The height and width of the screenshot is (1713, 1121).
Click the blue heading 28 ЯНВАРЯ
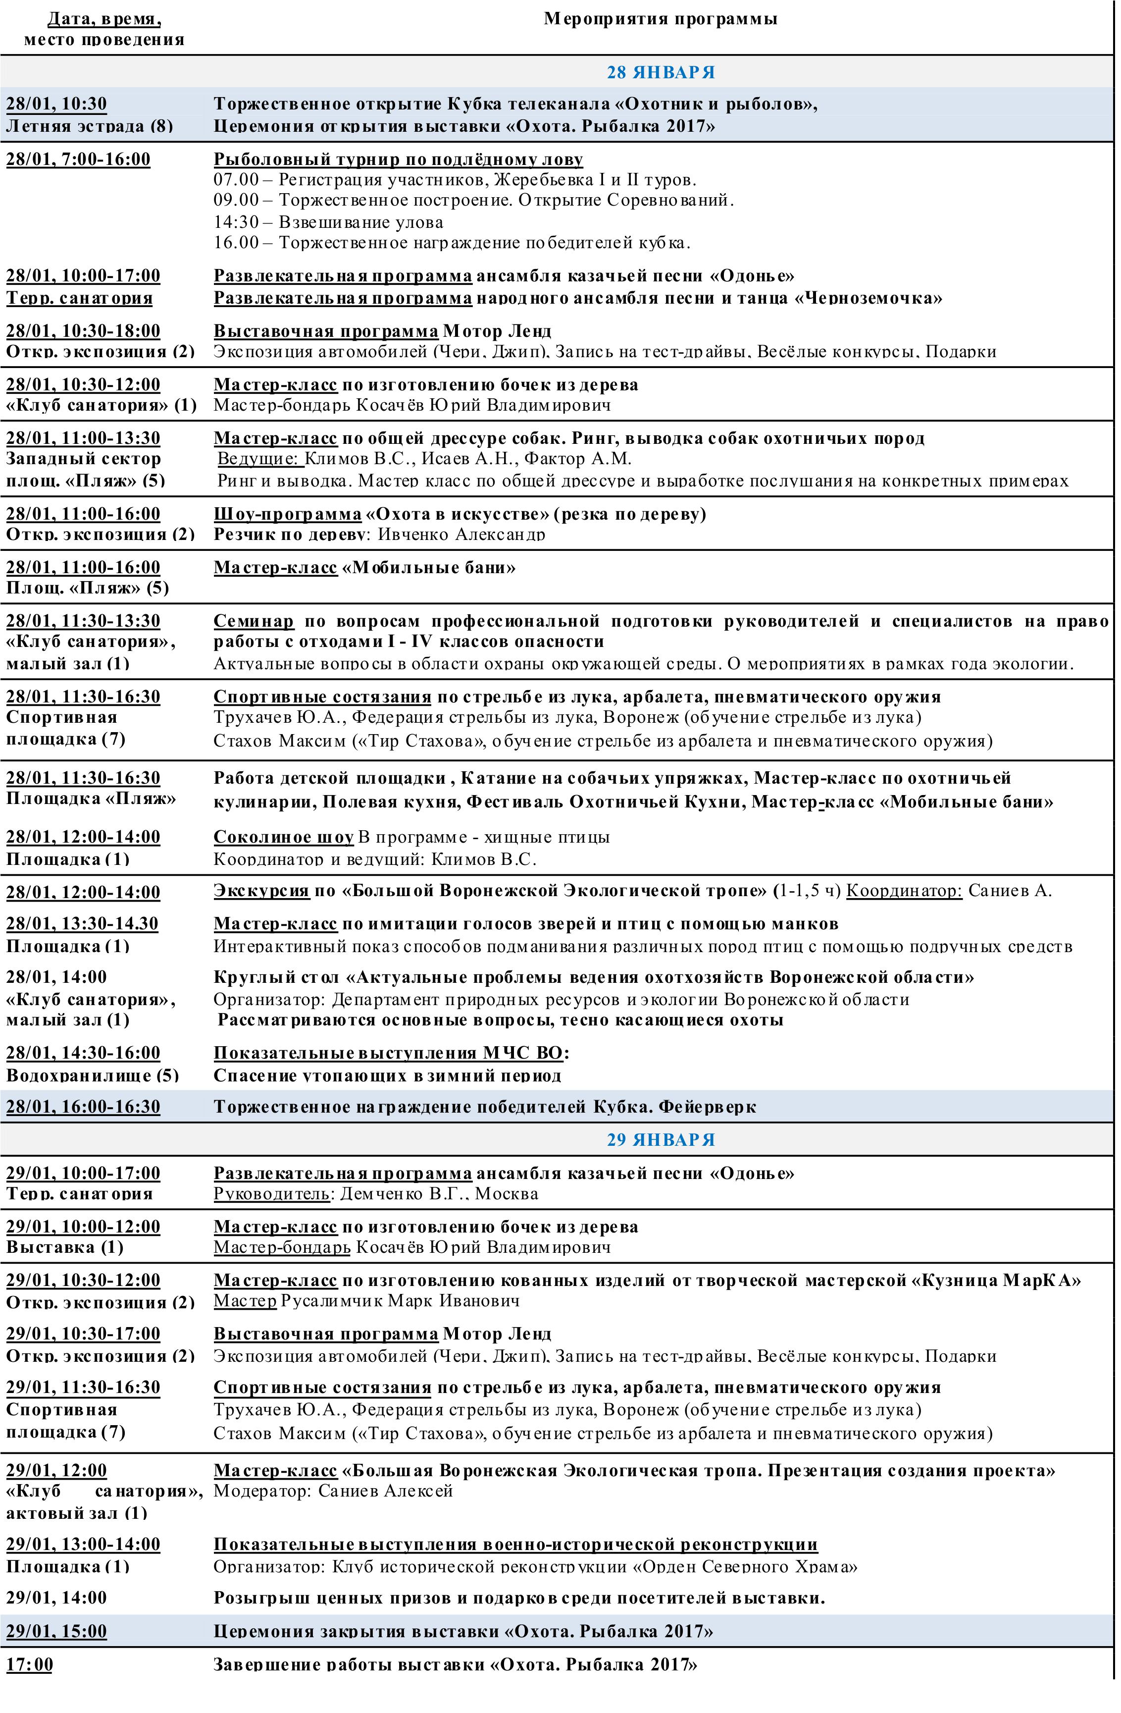[x=661, y=73]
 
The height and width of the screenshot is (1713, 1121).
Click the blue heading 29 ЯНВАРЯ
[x=661, y=1139]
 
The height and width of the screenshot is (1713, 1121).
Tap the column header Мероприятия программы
[x=660, y=19]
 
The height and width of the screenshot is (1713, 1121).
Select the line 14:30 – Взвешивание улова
[x=328, y=222]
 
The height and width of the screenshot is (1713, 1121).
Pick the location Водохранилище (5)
[x=92, y=1075]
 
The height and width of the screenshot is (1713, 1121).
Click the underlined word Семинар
[x=254, y=620]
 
